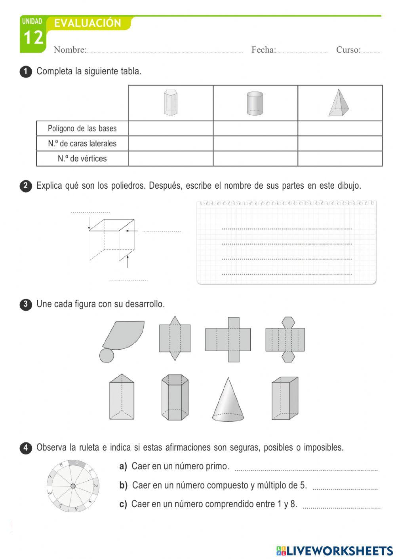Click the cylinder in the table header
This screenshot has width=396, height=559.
coord(255,103)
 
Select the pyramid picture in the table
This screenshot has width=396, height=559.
coord(339,103)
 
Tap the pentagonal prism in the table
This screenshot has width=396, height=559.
coord(171,103)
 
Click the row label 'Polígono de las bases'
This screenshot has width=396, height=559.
coord(82,129)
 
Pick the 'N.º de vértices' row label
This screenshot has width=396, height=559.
coord(82,159)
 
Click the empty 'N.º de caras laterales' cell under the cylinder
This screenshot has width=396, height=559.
coord(255,144)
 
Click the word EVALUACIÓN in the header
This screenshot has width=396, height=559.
coord(88,23)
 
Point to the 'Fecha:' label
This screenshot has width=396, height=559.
coord(263,50)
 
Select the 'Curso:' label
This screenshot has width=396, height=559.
coord(348,50)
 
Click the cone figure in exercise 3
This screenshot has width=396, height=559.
coord(228,400)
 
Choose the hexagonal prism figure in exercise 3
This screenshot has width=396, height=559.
coord(175,398)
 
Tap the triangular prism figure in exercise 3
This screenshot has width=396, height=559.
coord(122,397)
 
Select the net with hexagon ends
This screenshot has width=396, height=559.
coord(285,339)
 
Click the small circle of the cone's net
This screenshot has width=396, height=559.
coord(107,355)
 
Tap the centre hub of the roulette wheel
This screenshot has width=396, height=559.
coord(73,486)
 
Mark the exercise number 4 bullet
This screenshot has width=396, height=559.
coord(25,448)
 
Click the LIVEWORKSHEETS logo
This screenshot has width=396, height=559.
coord(335,551)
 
